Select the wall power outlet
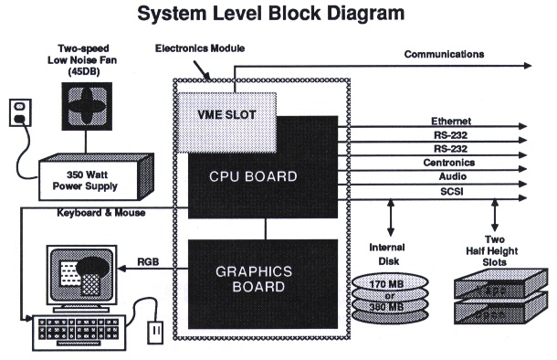pyautogui.click(x=19, y=112)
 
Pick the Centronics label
pyautogui.click(x=454, y=162)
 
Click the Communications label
pyautogui.click(x=444, y=55)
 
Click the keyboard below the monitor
pyautogui.click(x=73, y=331)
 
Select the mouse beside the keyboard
pyautogui.click(x=155, y=326)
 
